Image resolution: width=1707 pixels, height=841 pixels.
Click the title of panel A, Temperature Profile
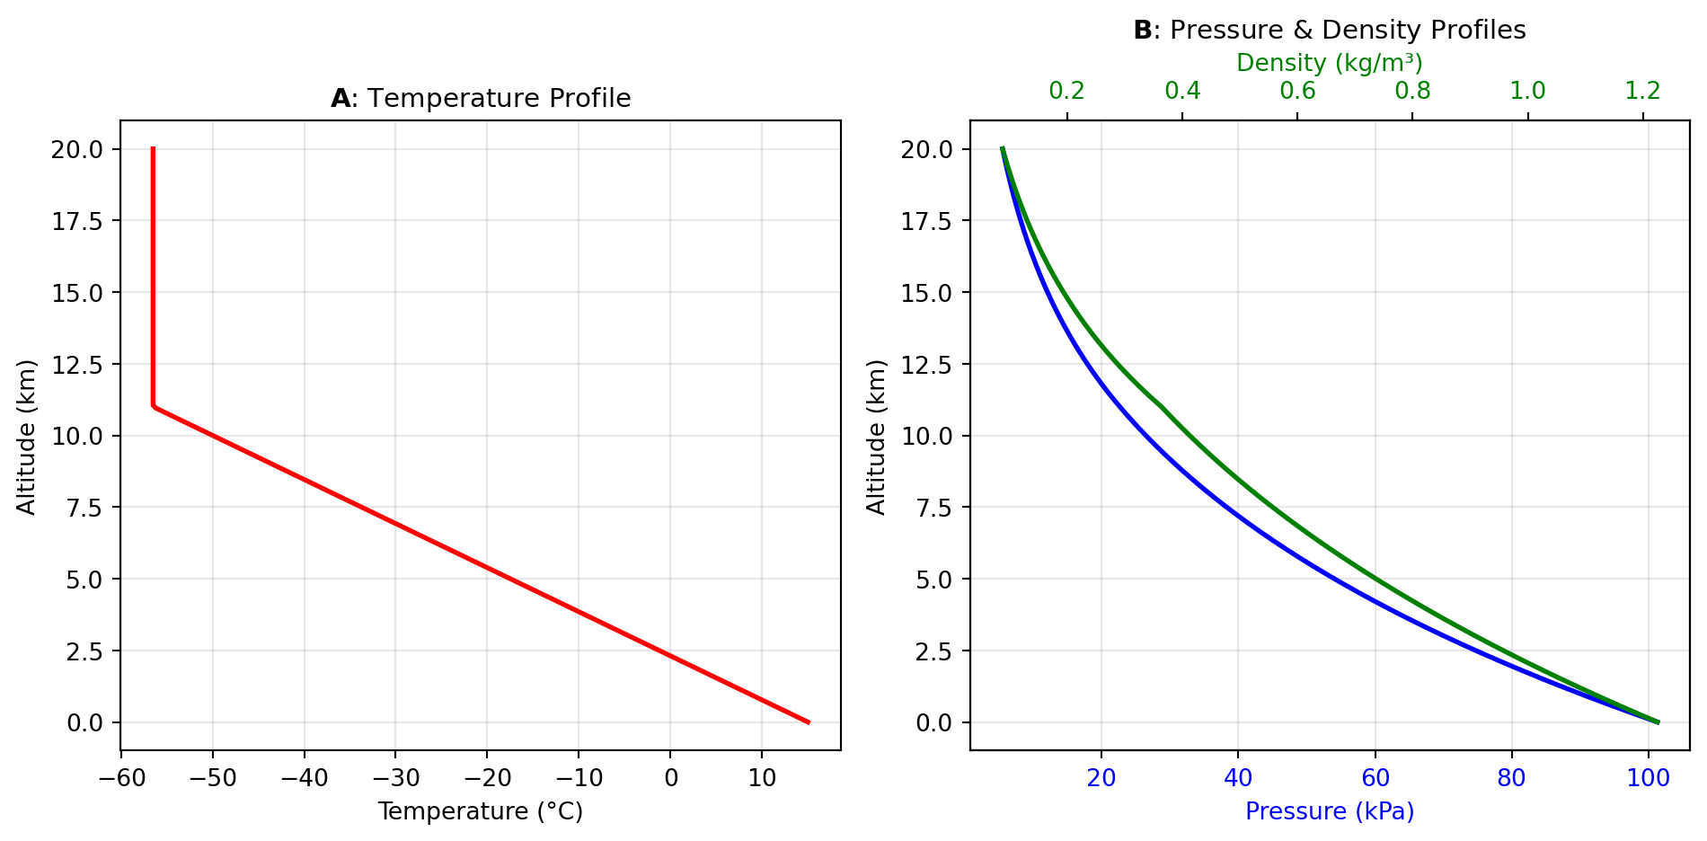481,98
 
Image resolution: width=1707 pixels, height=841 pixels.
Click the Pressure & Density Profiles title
1330,30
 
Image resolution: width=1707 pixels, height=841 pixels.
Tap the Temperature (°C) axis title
481,811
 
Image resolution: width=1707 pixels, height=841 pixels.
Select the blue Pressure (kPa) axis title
1330,811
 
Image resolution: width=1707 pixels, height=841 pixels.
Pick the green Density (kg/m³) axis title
1330,63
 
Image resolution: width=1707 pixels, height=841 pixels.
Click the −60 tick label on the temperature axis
121,778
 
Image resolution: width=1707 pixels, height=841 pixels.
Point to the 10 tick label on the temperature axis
762,778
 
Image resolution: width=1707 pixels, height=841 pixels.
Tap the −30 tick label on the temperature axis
395,778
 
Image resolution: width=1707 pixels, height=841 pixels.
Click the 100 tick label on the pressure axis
1648,778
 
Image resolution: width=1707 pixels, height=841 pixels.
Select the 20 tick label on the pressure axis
1101,778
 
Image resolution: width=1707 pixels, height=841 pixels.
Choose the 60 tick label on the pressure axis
1375,778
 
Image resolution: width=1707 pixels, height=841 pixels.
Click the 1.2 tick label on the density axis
1642,91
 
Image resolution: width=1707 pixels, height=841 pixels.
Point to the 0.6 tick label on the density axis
1297,91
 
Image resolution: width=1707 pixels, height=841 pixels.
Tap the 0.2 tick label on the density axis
1067,91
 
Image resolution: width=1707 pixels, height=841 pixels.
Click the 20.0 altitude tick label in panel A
77,149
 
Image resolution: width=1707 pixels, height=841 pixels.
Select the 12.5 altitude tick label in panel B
926,364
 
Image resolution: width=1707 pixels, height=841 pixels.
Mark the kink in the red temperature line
154,406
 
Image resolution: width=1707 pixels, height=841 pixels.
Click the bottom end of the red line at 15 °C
809,721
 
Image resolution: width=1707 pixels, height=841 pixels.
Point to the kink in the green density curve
1162,407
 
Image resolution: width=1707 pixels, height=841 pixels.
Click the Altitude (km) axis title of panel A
27,437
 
